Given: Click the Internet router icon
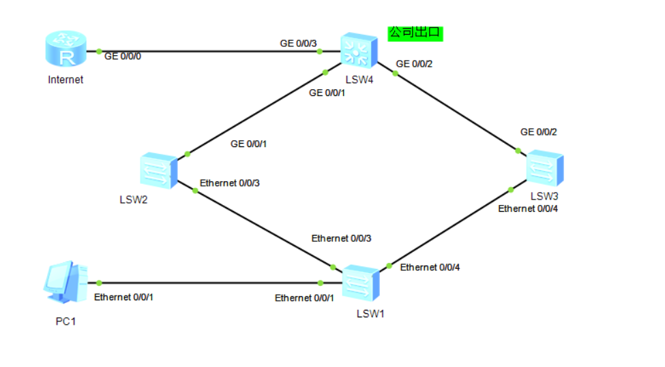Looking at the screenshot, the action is point(65,48).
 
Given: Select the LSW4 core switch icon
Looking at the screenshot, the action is point(359,50).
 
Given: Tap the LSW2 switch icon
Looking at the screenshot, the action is point(159,170).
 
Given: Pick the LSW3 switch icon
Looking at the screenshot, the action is point(545,168).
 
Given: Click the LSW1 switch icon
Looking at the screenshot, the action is point(361,283).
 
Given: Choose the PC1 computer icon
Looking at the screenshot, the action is point(65,282).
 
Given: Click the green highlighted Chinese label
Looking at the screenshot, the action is point(415,33).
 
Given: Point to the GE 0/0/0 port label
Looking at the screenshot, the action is point(123,57).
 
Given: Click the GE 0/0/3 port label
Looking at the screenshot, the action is point(298,44).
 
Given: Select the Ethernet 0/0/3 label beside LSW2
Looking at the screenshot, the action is point(229,183).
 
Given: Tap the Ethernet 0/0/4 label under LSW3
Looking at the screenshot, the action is point(528,208).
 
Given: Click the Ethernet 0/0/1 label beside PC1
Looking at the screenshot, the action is point(123,297).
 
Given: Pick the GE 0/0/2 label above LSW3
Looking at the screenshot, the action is point(539,132).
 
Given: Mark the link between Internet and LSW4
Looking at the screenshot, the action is point(213,52).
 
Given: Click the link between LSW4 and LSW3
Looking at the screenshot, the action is point(452,109).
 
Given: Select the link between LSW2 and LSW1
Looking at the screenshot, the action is point(260,227).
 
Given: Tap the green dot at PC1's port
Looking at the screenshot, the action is point(99,283).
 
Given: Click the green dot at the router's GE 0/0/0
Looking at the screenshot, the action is point(99,52).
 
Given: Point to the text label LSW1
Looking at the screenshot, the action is point(370,314).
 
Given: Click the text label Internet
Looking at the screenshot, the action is point(65,80).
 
